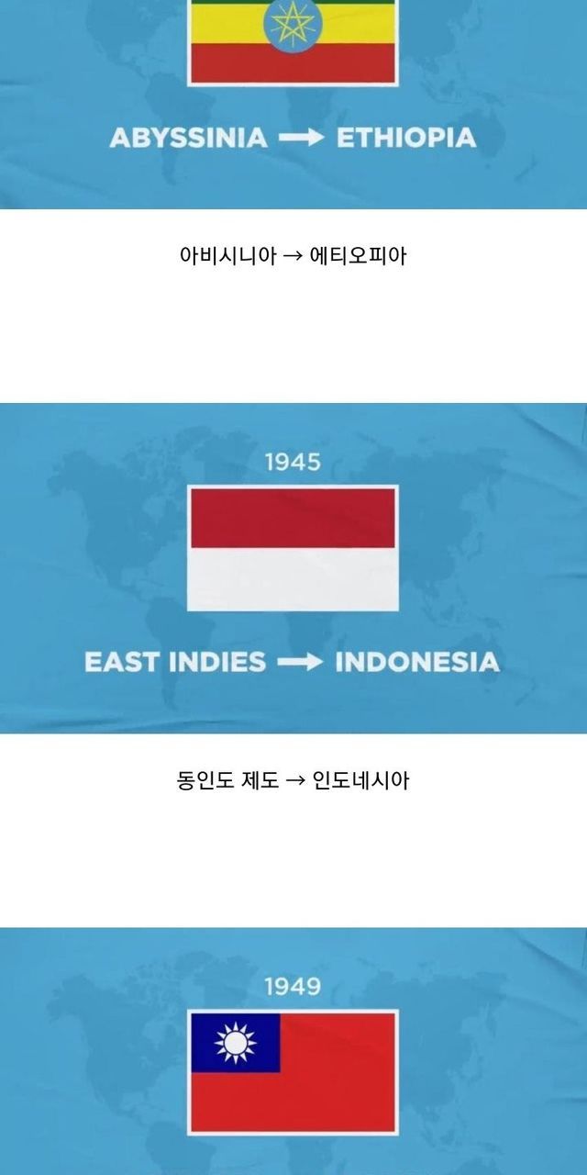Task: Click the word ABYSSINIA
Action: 188,138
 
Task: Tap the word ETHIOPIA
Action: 406,138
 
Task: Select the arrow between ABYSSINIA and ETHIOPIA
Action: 302,138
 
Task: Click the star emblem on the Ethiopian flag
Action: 293,23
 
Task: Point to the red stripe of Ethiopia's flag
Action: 293,63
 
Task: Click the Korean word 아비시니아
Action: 227,256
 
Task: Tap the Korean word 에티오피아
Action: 359,256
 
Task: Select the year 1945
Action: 293,462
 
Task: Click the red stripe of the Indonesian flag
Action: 293,519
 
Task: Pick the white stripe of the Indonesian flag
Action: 293,578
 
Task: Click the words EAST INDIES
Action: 175,662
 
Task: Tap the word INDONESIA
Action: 417,662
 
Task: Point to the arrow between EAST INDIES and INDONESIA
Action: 300,662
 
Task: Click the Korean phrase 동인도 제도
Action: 227,780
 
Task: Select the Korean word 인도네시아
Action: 360,780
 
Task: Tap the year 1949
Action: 293,987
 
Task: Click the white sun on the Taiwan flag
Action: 236,1043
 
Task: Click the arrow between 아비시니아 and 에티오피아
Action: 293,256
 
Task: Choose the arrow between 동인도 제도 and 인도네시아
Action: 295,781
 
